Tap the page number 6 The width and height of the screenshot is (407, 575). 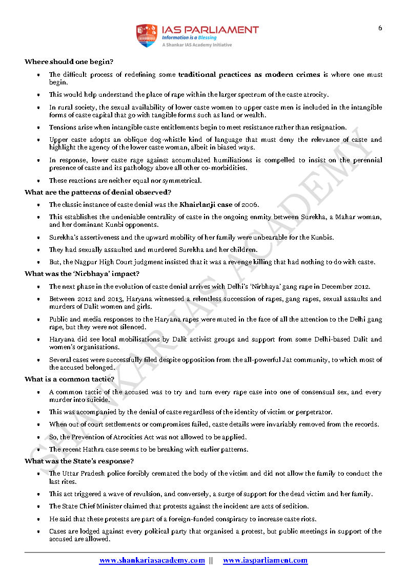coord(380,28)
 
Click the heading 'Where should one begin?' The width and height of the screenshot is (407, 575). coord(69,62)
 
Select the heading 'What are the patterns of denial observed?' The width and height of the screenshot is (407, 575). coord(95,193)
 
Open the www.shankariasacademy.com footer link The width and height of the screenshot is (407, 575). coord(152,561)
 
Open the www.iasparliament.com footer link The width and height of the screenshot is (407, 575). coord(265,561)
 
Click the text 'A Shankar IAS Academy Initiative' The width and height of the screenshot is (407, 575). coord(196,45)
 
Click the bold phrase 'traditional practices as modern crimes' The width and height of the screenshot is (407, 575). coord(249,75)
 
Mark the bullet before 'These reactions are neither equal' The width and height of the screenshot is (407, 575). coord(39,181)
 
